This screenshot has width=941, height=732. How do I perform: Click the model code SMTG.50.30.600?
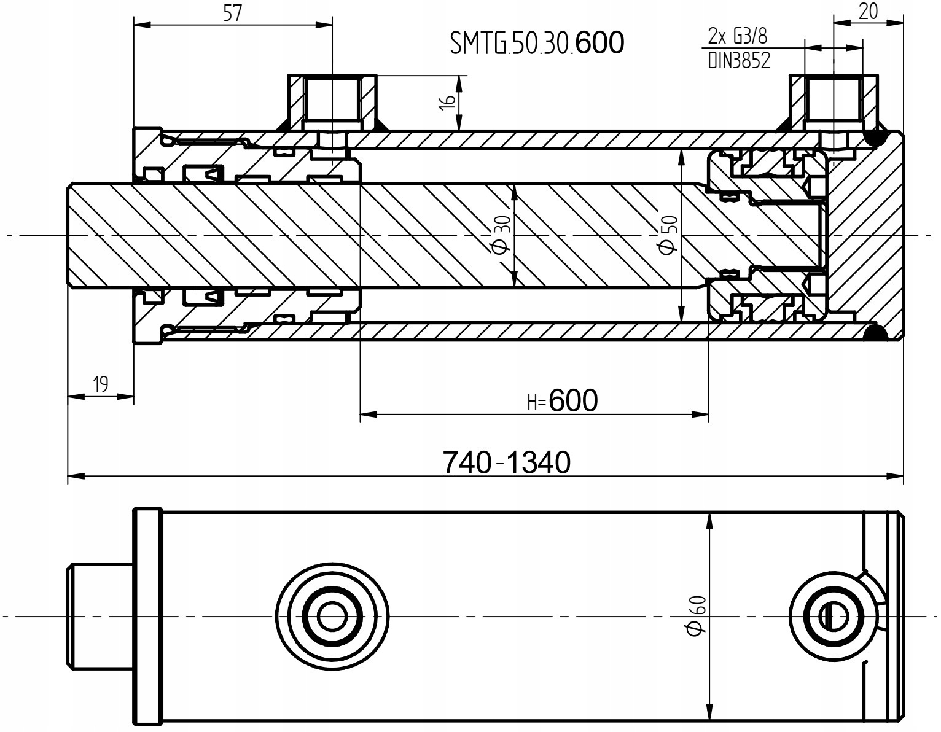537,43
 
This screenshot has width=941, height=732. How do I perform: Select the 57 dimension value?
232,14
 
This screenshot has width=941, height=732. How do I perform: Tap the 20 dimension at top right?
867,12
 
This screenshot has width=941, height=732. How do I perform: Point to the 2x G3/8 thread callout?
738,37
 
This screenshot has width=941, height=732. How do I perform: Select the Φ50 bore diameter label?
668,235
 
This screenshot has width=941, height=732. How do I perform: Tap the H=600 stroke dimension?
562,401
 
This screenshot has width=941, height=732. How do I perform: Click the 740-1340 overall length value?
507,462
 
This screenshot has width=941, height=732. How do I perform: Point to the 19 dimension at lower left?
100,385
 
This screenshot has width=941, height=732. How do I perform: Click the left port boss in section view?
332,102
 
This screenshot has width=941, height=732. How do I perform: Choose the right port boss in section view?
834,102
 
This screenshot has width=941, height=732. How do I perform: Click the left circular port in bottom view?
332,615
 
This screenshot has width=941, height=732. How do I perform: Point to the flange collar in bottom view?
147,615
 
